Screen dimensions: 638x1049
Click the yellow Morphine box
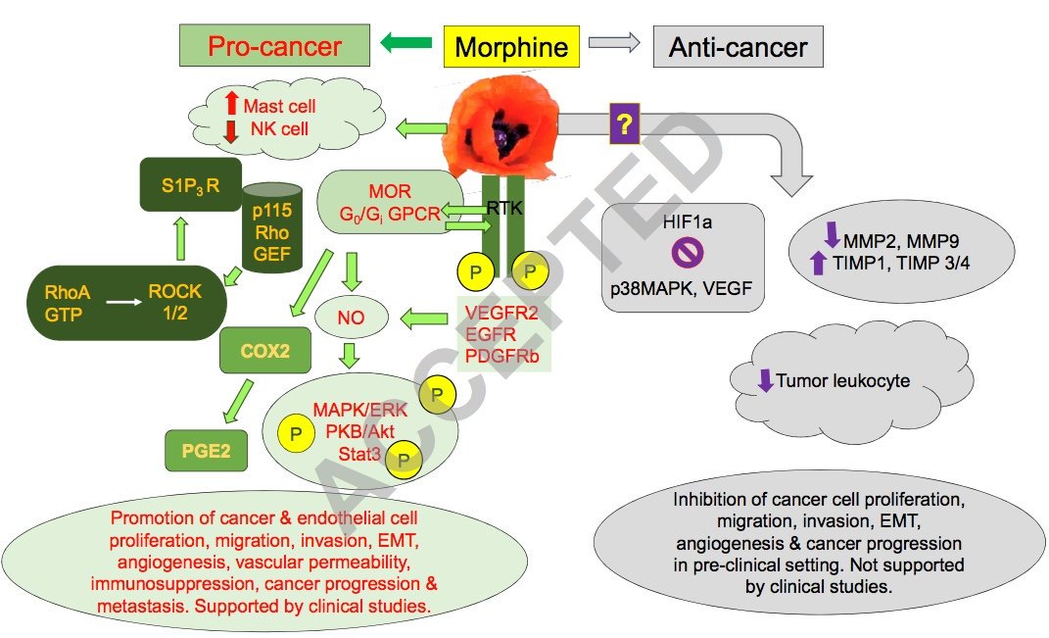tap(511, 46)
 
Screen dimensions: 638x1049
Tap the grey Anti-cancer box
tap(738, 47)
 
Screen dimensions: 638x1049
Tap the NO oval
tap(351, 317)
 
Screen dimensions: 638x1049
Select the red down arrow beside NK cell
tap(231, 130)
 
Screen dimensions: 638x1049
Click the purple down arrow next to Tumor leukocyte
tap(765, 380)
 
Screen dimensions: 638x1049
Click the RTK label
tap(505, 207)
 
